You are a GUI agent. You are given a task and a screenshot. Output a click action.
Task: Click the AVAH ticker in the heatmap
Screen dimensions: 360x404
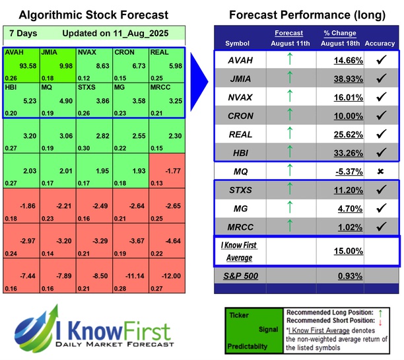tap(15, 52)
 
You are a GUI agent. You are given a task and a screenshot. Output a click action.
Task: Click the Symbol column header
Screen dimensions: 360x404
tap(238, 44)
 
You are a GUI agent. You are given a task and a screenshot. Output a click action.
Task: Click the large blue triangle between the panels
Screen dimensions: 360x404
tap(199, 65)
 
